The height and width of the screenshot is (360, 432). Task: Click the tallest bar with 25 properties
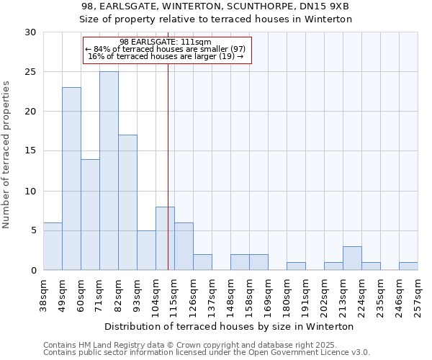click(109, 171)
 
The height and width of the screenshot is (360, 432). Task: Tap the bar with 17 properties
click(127, 202)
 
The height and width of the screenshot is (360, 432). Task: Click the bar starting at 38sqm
click(53, 246)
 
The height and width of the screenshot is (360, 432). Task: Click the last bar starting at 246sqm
click(408, 266)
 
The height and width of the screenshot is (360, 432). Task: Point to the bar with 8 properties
click(165, 238)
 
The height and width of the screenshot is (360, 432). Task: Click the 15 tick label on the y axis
click(31, 151)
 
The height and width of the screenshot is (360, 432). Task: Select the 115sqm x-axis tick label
click(175, 294)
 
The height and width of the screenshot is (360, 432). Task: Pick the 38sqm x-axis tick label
click(44, 294)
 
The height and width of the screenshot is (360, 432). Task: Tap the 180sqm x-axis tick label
click(287, 294)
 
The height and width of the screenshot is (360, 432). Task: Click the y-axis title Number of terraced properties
click(6, 155)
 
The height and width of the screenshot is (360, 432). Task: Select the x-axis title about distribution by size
click(229, 326)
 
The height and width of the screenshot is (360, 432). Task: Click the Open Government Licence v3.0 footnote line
click(207, 352)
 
